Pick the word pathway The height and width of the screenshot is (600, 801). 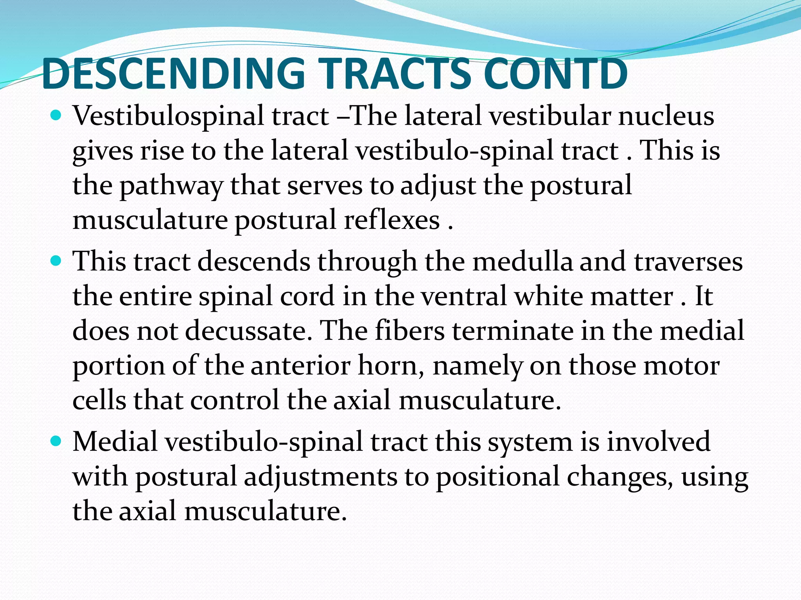[x=171, y=186]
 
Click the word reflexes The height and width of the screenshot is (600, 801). [x=392, y=220]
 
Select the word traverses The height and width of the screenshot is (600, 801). [x=688, y=261]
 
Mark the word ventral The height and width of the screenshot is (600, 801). [x=463, y=296]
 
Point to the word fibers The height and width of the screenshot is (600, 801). [x=409, y=331]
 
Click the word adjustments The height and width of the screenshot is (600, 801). [x=321, y=477]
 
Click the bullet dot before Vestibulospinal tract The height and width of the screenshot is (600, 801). [x=56, y=116]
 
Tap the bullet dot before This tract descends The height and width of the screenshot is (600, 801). [x=56, y=261]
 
